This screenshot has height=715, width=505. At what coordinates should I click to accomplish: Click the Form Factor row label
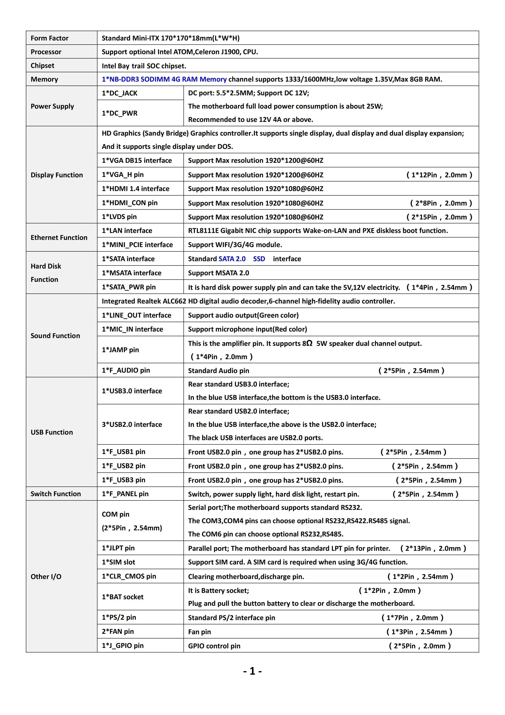pos(49,38)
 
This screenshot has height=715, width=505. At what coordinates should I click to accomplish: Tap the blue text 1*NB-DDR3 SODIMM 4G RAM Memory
pos(164,79)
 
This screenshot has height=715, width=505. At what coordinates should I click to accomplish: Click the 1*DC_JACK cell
pos(120,93)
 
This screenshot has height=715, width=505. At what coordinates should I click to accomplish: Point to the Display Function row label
pos(57,175)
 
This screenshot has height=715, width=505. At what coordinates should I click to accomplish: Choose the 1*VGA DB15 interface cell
pos(137,160)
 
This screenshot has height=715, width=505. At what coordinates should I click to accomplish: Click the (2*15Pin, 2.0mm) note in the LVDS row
pos(439,217)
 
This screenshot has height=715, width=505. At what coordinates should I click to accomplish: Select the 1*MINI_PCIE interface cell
pos(137,245)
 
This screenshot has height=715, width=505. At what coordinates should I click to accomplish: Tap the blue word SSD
pos(259,259)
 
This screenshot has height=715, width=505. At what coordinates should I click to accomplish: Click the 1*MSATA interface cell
pos(132,273)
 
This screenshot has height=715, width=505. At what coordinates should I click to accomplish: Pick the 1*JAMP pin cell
pos(120,350)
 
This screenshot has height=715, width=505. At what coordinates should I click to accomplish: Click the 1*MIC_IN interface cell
pos(132,329)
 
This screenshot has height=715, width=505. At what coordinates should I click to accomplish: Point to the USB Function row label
pos(52,432)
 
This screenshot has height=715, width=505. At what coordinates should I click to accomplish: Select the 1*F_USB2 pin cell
pos(124,466)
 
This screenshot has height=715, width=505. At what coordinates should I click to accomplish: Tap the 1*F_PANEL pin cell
pos(125,494)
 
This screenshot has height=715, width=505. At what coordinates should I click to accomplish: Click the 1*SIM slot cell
pos(119,562)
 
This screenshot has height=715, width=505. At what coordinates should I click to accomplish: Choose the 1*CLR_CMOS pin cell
pos(129,576)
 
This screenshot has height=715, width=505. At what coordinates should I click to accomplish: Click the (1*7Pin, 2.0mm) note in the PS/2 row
pos(413,617)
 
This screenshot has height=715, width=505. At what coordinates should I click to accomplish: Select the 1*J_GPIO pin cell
pos(123,645)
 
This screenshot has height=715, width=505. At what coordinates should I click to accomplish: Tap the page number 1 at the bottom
pos(252,671)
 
